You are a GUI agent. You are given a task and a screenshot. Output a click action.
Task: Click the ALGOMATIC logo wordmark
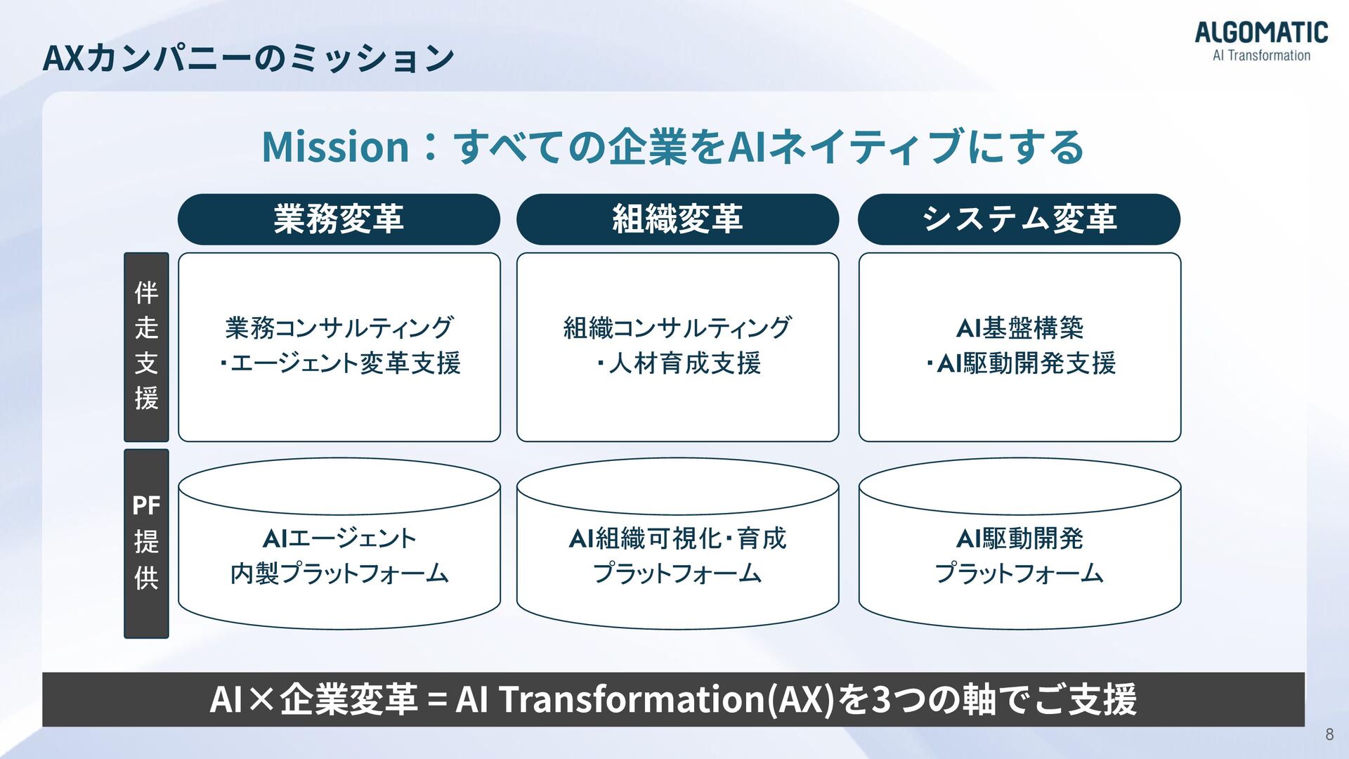coord(1261,32)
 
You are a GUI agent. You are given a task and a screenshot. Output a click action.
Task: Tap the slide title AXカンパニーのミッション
coord(248,58)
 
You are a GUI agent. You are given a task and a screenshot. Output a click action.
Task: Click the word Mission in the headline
coord(335,147)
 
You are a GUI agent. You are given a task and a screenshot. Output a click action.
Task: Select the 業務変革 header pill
coord(339,219)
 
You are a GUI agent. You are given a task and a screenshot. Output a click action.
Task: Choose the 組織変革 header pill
coord(677,219)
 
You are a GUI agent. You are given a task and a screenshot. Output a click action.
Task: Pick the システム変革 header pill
coord(1019,219)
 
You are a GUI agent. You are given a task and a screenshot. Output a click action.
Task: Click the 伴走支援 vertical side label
coord(146,346)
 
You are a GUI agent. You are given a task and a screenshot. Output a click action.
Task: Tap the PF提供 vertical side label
coord(146,543)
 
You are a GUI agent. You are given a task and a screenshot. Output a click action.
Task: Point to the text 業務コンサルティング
coord(339,327)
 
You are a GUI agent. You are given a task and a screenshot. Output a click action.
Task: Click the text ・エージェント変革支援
coord(339,363)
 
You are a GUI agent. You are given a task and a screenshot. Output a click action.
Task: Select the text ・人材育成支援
coord(677,363)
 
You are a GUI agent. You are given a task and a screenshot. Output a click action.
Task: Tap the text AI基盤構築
coord(1019,327)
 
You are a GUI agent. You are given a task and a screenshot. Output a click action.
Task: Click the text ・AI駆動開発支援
coord(1019,363)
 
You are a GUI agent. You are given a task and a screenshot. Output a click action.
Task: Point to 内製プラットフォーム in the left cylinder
coord(339,573)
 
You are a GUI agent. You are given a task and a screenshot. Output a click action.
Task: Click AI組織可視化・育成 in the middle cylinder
coord(677,538)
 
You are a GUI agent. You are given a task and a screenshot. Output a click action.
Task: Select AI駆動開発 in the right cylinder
coord(1019,538)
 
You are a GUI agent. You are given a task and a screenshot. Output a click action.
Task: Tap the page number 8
coord(1329,734)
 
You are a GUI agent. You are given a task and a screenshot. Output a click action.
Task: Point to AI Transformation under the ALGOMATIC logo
coord(1261,56)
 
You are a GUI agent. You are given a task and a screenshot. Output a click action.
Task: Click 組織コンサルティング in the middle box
coord(677,327)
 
